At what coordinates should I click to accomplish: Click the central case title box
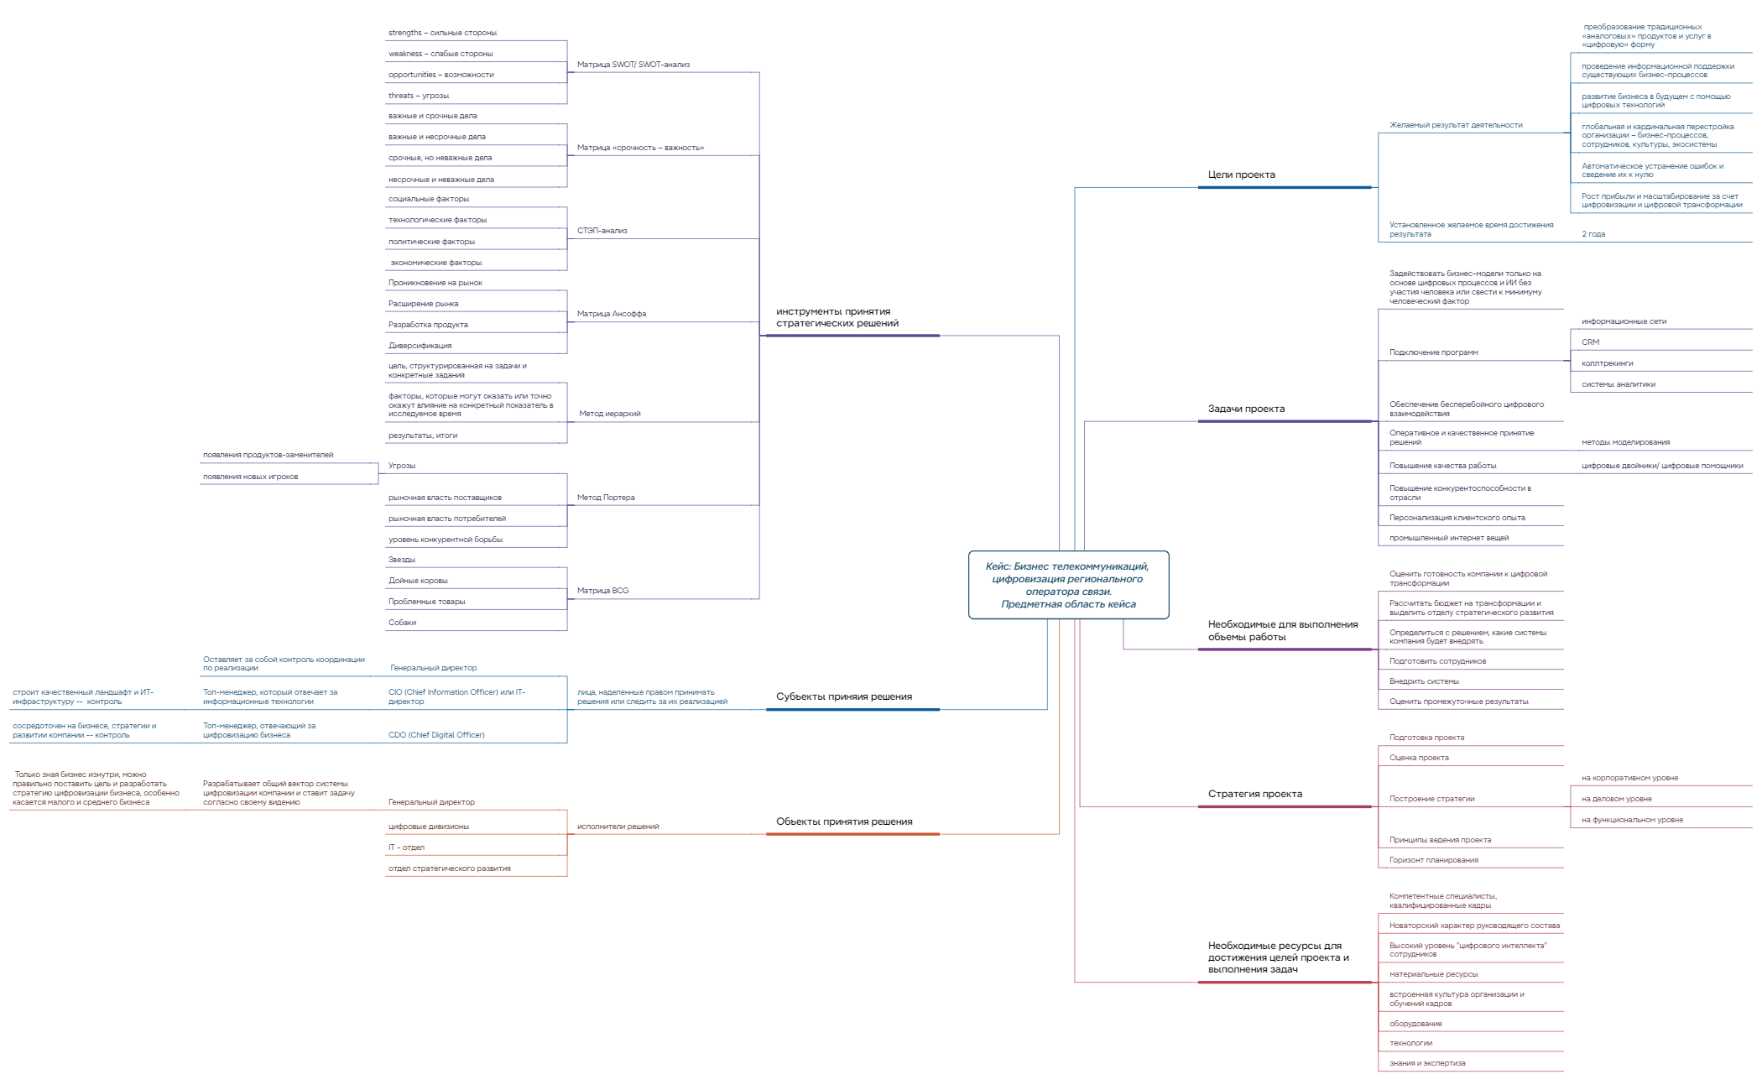click(x=1068, y=585)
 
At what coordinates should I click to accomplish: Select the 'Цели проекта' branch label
click(x=1241, y=175)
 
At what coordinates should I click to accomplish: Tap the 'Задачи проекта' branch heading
click(x=1246, y=409)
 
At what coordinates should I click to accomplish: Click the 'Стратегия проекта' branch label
click(x=1255, y=794)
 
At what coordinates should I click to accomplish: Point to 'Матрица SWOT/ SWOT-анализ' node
click(x=633, y=65)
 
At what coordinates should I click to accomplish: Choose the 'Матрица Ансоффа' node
click(x=612, y=314)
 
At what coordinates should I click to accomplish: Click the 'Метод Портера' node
click(x=606, y=498)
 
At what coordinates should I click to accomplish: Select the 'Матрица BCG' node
click(x=602, y=591)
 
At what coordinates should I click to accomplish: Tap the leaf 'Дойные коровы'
click(x=418, y=581)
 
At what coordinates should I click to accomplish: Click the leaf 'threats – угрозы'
click(x=419, y=96)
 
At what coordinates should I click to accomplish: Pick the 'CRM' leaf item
click(x=1590, y=342)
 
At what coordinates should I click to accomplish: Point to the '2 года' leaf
click(x=1593, y=234)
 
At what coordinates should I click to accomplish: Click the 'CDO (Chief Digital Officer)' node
click(x=436, y=735)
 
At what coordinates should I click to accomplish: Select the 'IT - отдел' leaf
click(x=406, y=847)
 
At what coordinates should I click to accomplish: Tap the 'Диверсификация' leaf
click(x=420, y=346)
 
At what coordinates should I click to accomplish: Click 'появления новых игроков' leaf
click(x=250, y=477)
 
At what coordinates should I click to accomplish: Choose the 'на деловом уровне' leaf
click(x=1616, y=799)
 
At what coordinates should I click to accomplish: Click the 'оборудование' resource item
click(x=1415, y=1024)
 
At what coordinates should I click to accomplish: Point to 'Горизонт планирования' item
click(x=1434, y=860)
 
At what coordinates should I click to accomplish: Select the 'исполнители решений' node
click(x=618, y=827)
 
